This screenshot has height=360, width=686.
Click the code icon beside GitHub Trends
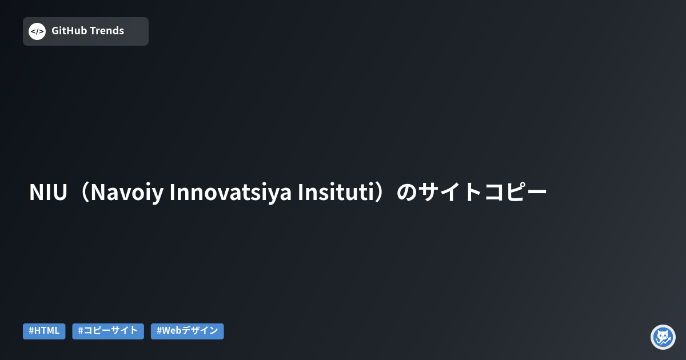point(37,31)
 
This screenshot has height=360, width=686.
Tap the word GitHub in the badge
point(69,31)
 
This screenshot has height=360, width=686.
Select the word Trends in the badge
point(106,31)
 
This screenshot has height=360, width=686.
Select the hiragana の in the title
point(407,193)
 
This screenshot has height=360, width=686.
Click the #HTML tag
point(44,331)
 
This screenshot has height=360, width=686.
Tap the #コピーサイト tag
point(108,331)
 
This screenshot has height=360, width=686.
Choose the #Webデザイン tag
point(187,331)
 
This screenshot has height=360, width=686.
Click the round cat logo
point(663,337)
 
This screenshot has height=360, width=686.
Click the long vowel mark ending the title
point(537,193)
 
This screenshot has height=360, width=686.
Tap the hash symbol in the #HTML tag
point(31,331)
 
